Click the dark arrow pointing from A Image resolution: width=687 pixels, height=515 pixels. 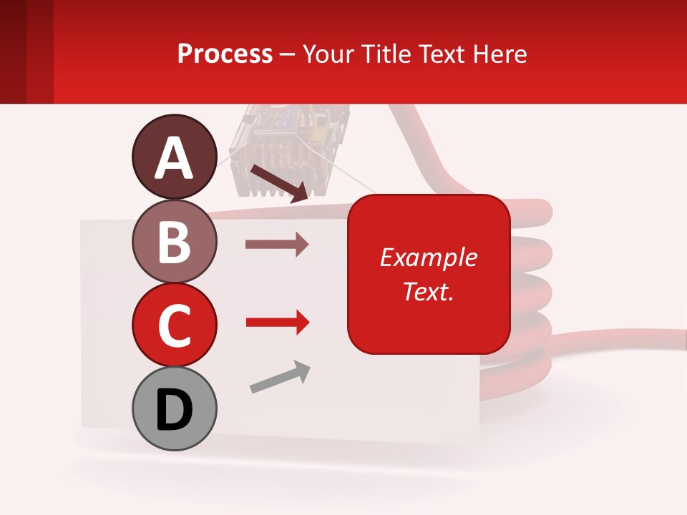(279, 183)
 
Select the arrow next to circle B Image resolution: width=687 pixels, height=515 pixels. (277, 245)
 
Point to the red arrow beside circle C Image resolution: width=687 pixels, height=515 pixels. (277, 323)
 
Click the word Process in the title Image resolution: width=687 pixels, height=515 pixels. (225, 54)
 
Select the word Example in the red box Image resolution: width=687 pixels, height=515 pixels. (428, 257)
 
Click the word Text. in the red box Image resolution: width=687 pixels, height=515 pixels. (428, 291)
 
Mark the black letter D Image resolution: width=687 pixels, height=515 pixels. (174, 410)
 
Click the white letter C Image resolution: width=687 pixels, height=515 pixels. (174, 325)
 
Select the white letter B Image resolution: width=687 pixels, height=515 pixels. (174, 242)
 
